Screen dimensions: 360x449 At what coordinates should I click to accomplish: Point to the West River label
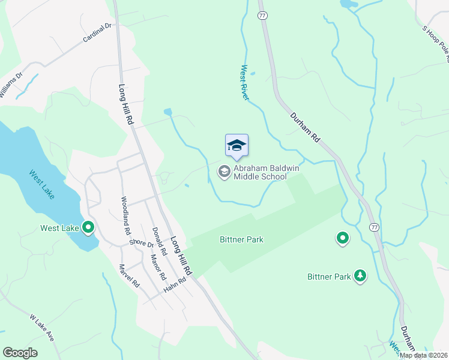(245, 83)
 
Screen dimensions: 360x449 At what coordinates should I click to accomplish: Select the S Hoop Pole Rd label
(436, 42)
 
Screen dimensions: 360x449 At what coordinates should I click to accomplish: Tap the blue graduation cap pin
(237, 146)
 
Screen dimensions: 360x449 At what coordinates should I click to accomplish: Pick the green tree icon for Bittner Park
(360, 276)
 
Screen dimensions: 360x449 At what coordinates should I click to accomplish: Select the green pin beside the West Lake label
(88, 227)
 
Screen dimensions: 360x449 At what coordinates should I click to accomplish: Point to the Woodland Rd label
(125, 215)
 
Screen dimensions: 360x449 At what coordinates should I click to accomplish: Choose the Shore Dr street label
(142, 243)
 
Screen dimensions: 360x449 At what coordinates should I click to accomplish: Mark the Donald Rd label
(159, 239)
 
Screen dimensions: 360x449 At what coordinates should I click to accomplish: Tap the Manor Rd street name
(158, 268)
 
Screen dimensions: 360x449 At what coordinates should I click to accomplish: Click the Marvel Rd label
(129, 276)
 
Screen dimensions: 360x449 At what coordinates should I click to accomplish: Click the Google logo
(20, 353)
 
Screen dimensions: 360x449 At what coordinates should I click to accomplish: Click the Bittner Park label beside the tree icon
(329, 277)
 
